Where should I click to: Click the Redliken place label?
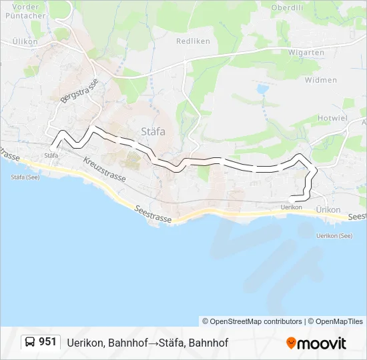coord(193,41)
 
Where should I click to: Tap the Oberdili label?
coord(288,7)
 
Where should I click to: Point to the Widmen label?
coord(320,80)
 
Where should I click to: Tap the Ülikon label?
coord(25,41)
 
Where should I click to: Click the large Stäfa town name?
coord(153,131)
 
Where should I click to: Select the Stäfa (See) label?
coord(25,177)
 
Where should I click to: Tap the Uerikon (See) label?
coord(334,235)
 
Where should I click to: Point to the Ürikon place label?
coord(328,209)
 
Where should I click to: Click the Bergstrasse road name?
coord(79,90)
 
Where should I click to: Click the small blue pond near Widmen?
coord(262,88)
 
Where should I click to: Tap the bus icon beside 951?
coord(30,342)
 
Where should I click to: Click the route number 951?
coord(47,342)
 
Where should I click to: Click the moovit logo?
coord(316,343)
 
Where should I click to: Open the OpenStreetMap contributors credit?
coord(252,321)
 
